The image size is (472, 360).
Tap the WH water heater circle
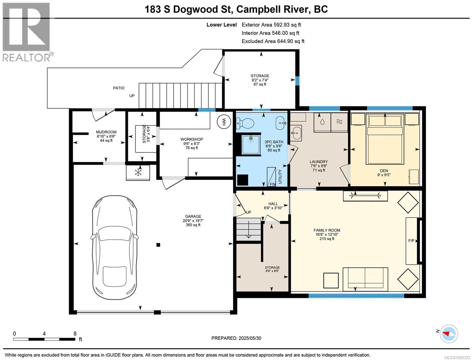(224, 122)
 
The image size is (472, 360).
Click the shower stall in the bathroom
(251, 145)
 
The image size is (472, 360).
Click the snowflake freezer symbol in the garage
(138, 172)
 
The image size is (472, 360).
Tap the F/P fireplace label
(411, 241)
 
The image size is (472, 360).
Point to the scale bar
(44, 339)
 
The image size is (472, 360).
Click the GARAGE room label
(193, 216)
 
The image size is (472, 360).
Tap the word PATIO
(119, 88)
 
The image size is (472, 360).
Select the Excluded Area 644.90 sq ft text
(273, 41)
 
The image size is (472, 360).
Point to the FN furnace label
(273, 184)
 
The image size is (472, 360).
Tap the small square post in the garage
(158, 245)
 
